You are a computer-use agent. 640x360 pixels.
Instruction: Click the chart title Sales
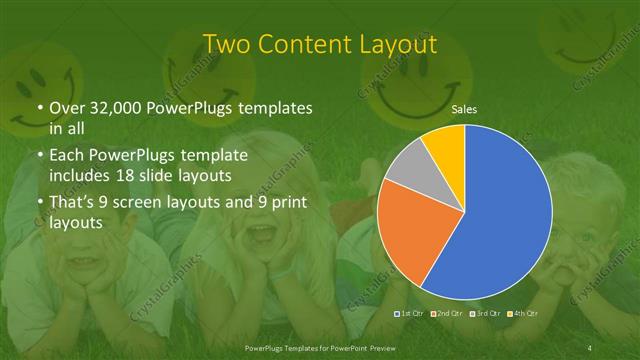[463, 109]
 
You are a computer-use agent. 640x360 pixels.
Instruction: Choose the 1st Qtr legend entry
[410, 314]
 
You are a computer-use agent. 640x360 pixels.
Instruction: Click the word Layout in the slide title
[396, 45]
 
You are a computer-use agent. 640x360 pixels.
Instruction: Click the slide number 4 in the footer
[590, 347]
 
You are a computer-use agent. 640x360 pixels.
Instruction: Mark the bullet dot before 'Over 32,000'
[39, 108]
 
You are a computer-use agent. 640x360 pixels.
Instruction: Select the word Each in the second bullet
[66, 157]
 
